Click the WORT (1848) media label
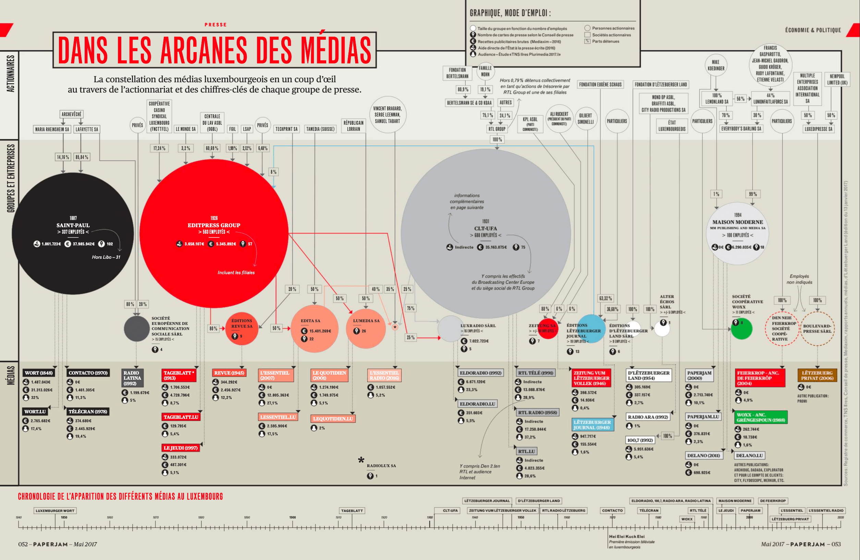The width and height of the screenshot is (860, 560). coord(39,373)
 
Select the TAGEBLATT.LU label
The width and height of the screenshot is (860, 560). coord(181,417)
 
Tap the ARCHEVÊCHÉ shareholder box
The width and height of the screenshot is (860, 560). coord(72,114)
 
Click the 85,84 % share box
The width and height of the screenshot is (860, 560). coord(82,157)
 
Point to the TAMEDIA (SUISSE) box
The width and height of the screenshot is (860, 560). coord(320,129)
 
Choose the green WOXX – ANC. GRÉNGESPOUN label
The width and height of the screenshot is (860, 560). coord(760,417)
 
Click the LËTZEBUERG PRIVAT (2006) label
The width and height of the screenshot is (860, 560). coord(817,375)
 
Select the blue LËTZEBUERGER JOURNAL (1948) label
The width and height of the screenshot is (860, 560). coord(592,425)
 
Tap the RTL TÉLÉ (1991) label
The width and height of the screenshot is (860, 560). coord(535,373)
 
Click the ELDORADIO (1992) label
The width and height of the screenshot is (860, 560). coord(480,373)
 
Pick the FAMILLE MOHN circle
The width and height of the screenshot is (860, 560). coord(485,71)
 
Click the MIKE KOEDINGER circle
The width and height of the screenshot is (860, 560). coord(715,65)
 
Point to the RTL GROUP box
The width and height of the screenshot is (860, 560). coord(497,129)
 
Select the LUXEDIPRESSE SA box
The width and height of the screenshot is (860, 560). coord(818,129)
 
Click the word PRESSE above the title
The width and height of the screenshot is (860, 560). coord(216,25)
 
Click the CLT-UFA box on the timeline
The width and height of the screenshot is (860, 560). coord(450,510)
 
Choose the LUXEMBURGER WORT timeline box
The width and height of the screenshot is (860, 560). coord(55,510)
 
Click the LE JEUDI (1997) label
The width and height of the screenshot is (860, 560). coord(181,448)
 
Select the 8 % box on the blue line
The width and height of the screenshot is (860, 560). coord(273,172)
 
